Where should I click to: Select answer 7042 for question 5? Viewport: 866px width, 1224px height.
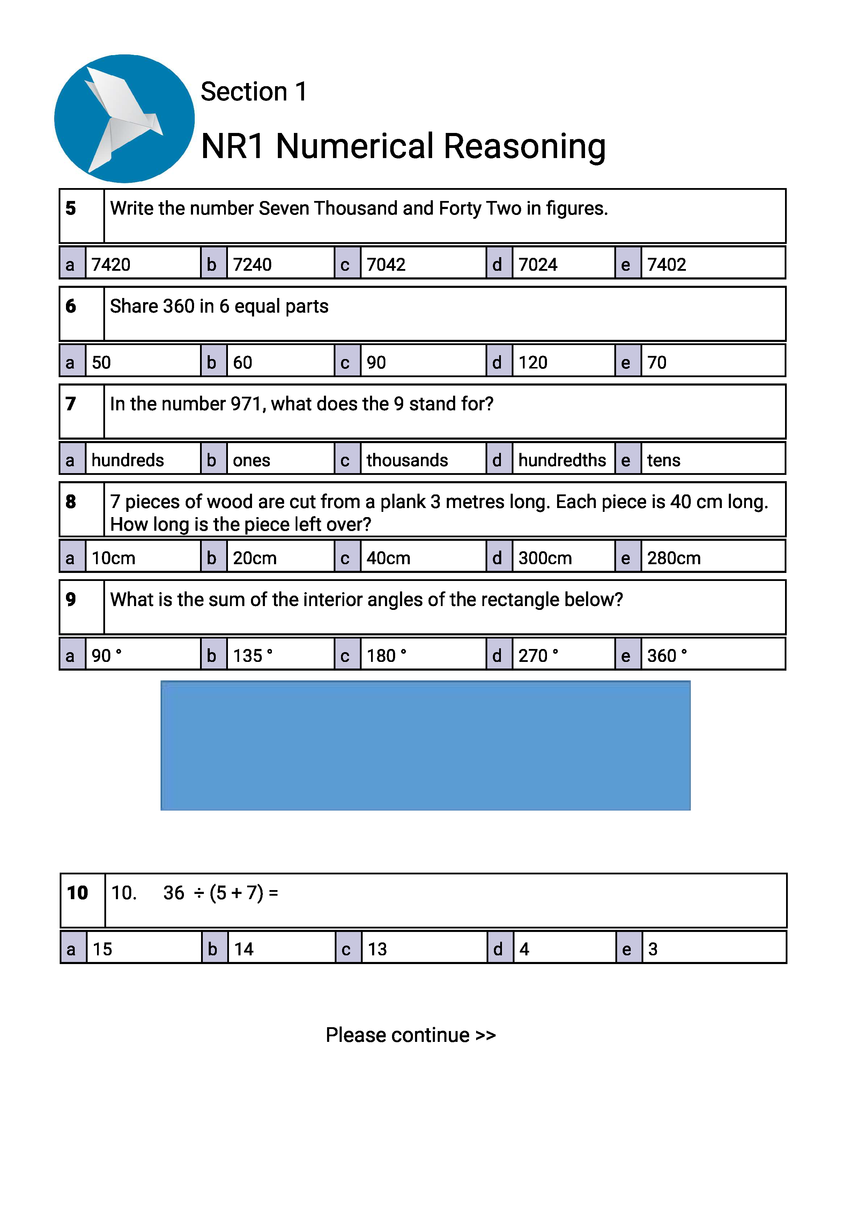click(x=386, y=264)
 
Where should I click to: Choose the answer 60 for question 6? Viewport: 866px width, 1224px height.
click(x=242, y=363)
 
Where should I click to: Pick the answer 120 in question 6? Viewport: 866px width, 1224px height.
click(x=532, y=363)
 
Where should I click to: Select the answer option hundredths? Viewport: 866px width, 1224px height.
click(x=562, y=460)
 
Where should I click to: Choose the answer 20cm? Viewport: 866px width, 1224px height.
click(x=254, y=558)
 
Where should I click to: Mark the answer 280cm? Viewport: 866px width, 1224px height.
click(x=673, y=558)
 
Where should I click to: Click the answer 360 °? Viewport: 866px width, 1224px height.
click(x=667, y=656)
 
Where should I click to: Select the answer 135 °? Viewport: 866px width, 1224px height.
click(x=252, y=656)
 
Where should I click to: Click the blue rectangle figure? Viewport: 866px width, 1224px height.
click(x=425, y=745)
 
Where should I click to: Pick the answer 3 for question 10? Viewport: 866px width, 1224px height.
click(x=653, y=949)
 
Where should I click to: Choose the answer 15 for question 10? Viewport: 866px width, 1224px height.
click(x=102, y=949)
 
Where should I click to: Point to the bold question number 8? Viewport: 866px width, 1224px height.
click(x=71, y=502)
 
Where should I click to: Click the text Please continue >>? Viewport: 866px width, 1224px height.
click(x=410, y=1035)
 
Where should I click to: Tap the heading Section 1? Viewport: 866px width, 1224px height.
click(x=254, y=92)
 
